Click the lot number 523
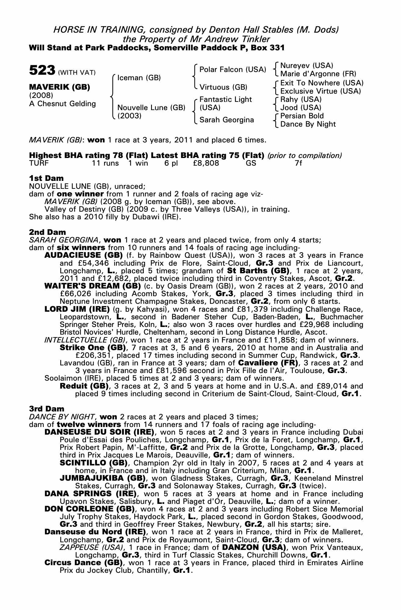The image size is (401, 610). tap(42, 70)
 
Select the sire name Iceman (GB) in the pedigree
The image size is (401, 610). tap(139, 78)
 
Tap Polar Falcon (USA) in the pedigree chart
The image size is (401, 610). tap(233, 70)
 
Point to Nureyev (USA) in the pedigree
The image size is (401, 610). tap(306, 66)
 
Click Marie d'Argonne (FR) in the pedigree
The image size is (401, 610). tap(318, 74)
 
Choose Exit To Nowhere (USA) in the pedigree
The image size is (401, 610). tap(322, 83)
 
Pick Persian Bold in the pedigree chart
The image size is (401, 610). tap(302, 116)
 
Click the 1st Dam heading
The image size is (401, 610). tap(46, 178)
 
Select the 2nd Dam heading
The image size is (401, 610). tap(47, 232)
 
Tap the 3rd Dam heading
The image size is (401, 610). tap(47, 409)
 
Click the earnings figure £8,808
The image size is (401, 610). tap(206, 163)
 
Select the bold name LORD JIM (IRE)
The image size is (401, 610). tap(77, 309)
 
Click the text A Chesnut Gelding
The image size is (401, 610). tap(63, 104)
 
